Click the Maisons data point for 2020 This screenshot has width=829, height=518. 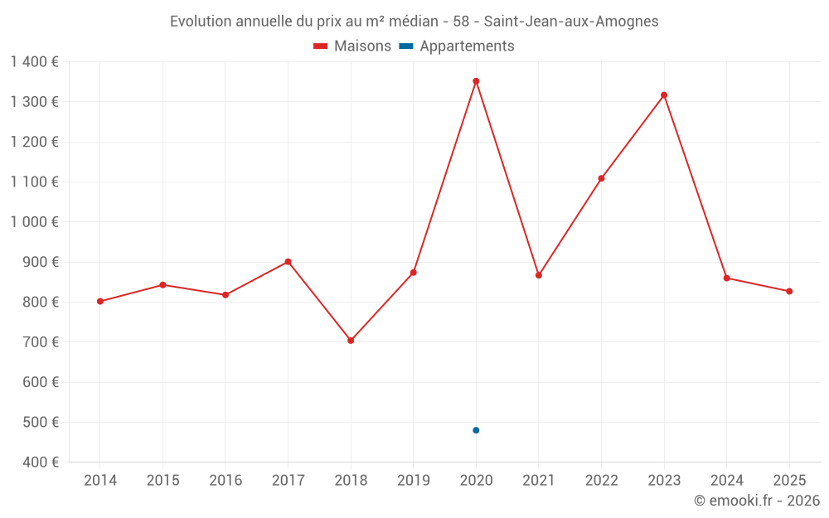click(x=476, y=81)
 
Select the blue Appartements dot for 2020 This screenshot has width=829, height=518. click(x=476, y=430)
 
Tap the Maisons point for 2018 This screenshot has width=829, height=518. click(x=351, y=341)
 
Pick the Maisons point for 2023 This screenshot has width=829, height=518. click(x=664, y=95)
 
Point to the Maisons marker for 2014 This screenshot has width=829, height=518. click(x=100, y=302)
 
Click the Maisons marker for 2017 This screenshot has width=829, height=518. click(x=288, y=262)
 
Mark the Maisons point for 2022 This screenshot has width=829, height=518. click(x=601, y=178)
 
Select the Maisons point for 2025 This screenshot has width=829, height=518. click(x=789, y=291)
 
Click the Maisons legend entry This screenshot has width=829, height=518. click(x=352, y=46)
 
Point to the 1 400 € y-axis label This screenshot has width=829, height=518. click(x=35, y=62)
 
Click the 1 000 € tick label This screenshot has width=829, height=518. click(x=35, y=222)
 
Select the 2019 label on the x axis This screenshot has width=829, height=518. click(x=413, y=481)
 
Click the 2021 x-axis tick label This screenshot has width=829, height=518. click(x=538, y=481)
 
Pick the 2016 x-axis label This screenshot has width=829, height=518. click(x=225, y=481)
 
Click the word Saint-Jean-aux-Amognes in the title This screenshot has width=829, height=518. click(x=571, y=22)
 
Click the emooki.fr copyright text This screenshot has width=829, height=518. click(x=757, y=501)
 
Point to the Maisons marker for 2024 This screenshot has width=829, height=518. click(x=726, y=278)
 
